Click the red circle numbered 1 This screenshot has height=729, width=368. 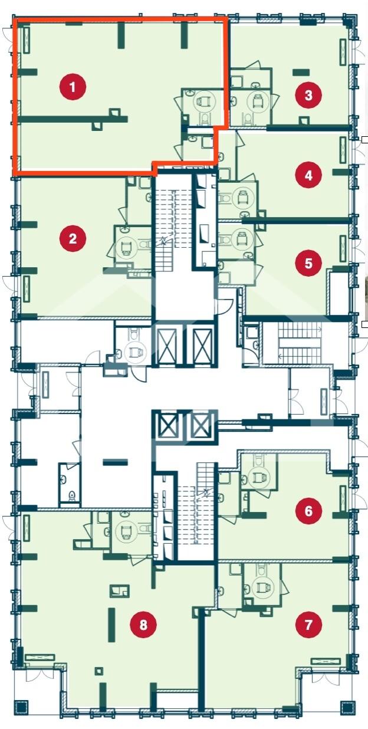pos(73,87)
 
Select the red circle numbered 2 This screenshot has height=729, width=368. pos(73,238)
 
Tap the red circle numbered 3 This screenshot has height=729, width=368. pos(308,96)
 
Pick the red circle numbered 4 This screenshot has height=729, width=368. pos(308,175)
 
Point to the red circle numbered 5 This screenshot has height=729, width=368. pos(308,263)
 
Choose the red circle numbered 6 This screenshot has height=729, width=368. pos(308,511)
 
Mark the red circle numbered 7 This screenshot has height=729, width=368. pos(308,624)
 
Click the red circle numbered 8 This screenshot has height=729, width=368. pos(143,624)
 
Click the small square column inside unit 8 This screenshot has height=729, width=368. pos(99,671)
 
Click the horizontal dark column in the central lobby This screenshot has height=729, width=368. pos(115,462)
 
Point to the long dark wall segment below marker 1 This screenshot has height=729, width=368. pos(72,119)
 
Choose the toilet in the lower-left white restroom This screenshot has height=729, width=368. pos(72,495)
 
